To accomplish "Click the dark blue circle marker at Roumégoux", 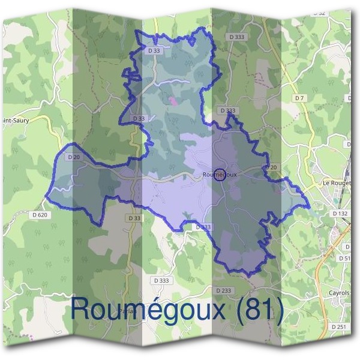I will (x=220, y=175).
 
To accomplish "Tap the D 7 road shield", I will (x=300, y=98).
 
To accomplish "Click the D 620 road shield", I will (x=40, y=214).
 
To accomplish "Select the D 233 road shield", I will (x=223, y=290).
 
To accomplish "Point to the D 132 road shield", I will (x=340, y=214).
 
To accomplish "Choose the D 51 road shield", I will (x=344, y=258).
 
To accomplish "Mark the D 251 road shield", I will (x=339, y=326).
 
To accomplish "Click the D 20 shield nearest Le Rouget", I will (x=271, y=167).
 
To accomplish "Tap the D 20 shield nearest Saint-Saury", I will (x=74, y=157).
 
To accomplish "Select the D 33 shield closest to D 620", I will (x=134, y=218).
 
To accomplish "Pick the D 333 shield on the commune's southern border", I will (x=203, y=227).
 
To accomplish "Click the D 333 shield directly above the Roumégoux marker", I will (x=227, y=110).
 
